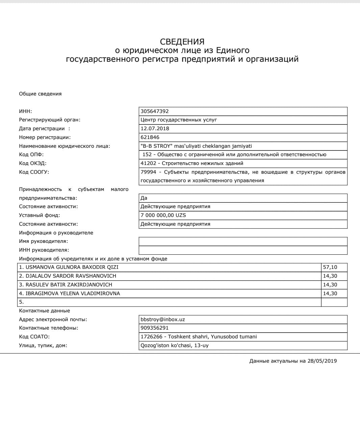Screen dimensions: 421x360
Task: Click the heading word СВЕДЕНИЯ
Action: (x=182, y=42)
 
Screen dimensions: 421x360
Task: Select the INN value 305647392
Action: (x=155, y=111)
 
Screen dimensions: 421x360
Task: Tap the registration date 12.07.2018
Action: (x=155, y=129)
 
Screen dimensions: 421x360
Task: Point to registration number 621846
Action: (x=150, y=137)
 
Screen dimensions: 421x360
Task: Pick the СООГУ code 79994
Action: (x=148, y=172)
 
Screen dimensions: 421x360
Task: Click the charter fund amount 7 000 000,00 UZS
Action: (x=163, y=215)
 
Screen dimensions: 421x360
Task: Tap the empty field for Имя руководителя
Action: (x=243, y=241)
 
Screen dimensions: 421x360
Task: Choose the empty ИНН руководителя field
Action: (x=243, y=250)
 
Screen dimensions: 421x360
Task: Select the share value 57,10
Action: (x=330, y=267)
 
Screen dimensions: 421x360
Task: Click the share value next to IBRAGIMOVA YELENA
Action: (x=330, y=293)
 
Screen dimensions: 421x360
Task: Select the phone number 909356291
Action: (x=154, y=328)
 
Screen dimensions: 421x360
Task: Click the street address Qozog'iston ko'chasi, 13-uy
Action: (x=174, y=345)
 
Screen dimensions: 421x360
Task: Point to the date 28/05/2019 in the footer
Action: (x=322, y=361)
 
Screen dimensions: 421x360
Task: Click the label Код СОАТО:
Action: (x=34, y=337)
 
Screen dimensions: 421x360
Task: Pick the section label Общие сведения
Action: (x=40, y=94)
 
